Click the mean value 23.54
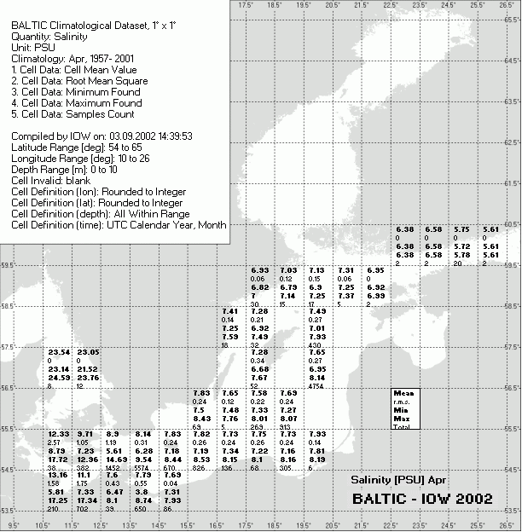[x=59, y=352]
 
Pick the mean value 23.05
[x=88, y=352]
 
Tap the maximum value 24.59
[x=59, y=378]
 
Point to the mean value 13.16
[x=59, y=475]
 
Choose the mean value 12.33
[x=59, y=434]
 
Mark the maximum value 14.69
[x=117, y=460]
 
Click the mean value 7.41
[x=230, y=311]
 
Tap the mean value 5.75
[x=461, y=229]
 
